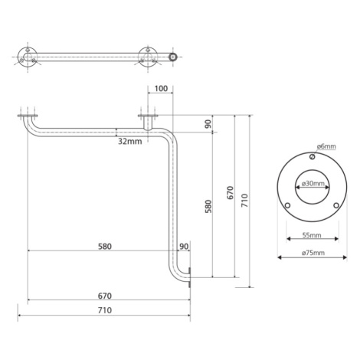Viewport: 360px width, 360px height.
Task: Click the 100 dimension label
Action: pos(162,89)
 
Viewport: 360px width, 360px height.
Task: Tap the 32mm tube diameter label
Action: pos(130,141)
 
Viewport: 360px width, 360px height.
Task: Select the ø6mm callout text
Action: pos(326,146)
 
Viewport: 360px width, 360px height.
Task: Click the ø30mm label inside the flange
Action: pos(313,183)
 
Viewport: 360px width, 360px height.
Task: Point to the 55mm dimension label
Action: pos(312,235)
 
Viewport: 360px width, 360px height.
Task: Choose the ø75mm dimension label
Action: pos(313,253)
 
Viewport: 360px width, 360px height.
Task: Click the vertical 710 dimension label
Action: pos(244,201)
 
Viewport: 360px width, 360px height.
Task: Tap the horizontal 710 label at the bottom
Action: pos(105,310)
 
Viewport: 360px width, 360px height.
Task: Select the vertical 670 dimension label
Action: pos(231,193)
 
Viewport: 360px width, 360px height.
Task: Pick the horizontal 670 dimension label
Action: pos(105,296)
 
